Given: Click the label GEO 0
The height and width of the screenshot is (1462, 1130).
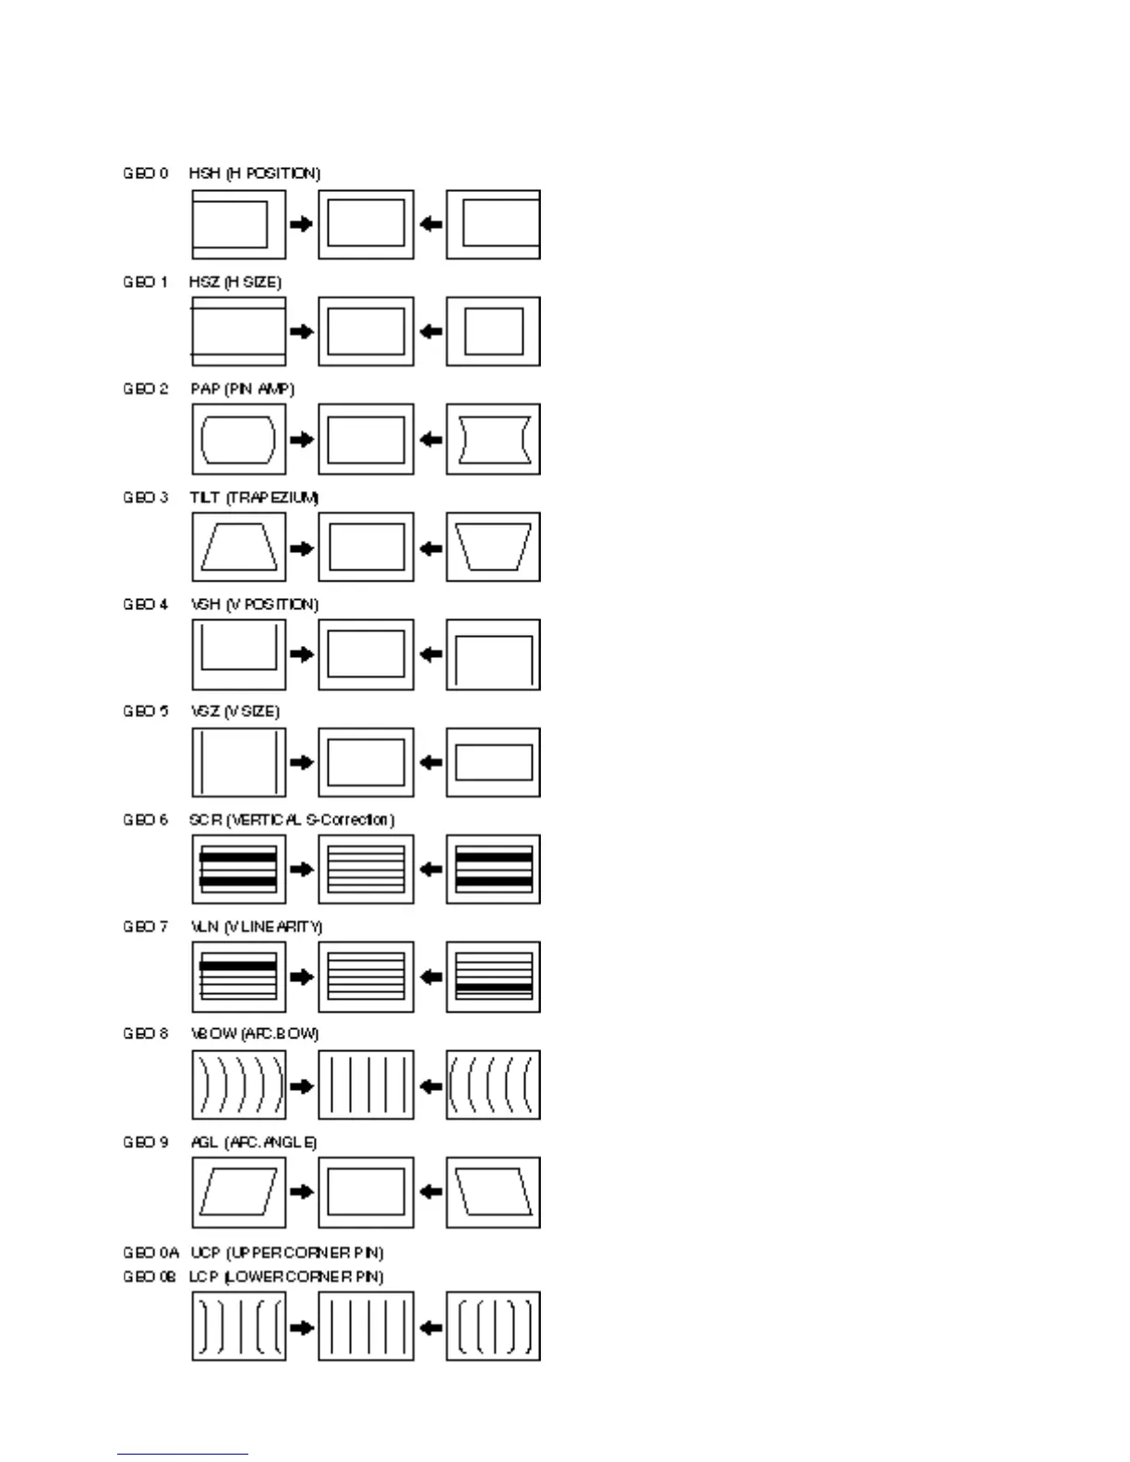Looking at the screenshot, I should pos(146,174).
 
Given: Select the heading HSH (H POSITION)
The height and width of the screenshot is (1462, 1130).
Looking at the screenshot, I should pos(255,174).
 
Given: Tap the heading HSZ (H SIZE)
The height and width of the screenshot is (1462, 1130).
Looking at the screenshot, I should pos(235,282).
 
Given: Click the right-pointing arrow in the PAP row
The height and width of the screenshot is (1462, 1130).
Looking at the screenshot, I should pos(302,439).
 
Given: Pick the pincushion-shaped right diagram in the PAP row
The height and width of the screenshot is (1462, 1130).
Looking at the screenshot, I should pos(493,439).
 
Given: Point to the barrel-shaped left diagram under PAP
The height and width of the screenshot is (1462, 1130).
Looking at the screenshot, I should pos(238,439).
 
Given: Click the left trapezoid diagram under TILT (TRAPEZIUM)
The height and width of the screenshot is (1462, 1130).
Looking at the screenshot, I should pos(238,547).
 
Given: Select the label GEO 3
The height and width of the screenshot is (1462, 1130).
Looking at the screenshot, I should pos(146,497).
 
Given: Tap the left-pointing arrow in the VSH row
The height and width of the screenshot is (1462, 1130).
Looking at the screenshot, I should pos(430,654).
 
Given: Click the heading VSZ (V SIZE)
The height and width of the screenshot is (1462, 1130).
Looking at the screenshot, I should pos(234,712).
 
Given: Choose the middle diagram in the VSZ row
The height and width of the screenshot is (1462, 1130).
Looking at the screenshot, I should pos(366,762).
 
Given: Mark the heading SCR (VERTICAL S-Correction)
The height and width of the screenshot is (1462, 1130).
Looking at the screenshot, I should pos(292,820).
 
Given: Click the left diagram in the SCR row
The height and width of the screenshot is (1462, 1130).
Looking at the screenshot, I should pos(238,869).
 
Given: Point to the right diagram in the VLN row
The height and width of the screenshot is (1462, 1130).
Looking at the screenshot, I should pos(493,977).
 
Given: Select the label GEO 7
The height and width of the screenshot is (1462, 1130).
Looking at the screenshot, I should pos(146,927).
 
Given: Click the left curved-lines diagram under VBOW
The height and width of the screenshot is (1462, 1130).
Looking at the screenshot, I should pos(238,1085).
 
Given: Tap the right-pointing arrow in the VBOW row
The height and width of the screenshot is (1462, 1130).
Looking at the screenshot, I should pos(302,1085).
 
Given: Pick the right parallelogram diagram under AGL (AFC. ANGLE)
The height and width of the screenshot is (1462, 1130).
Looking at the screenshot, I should pos(493,1192).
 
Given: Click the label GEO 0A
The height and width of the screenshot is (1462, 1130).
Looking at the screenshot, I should pos(150,1252).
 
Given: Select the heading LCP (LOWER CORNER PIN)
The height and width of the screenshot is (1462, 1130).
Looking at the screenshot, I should pos(286,1276).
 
